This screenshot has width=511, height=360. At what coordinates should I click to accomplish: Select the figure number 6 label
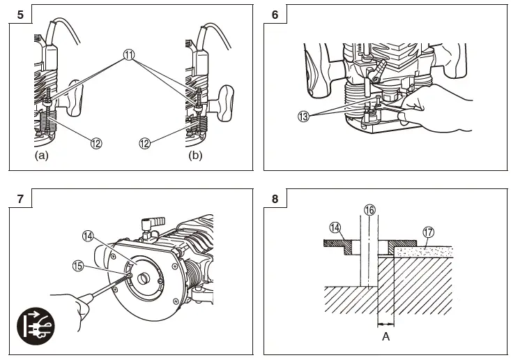pos(275,13)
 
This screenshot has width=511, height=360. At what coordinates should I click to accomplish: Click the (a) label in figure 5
pos(41,156)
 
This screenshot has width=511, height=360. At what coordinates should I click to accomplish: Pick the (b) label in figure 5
pos(195,156)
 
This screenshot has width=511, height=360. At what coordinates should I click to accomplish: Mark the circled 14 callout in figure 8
pos(335,227)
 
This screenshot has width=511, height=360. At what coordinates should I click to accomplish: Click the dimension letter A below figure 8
pos(386,336)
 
